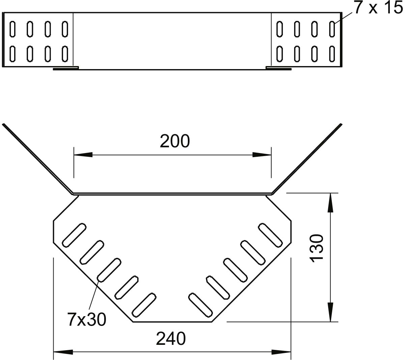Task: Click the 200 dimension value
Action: click(x=175, y=141)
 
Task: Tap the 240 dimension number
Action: click(x=171, y=339)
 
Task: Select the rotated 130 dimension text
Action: click(x=316, y=248)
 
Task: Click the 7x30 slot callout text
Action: click(x=87, y=320)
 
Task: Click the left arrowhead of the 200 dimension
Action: click(x=83, y=155)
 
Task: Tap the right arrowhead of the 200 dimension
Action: click(x=262, y=155)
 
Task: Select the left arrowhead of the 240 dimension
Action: click(x=63, y=352)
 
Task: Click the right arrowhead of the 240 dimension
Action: click(x=281, y=352)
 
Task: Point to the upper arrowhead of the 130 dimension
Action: click(x=330, y=203)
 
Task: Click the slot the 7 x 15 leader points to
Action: click(x=332, y=29)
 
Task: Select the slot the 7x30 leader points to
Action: click(x=109, y=270)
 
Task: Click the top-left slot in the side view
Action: click(x=12, y=29)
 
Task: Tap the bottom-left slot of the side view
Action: click(x=12, y=54)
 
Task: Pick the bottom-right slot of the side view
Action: click(x=332, y=54)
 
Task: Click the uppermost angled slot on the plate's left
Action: click(x=74, y=235)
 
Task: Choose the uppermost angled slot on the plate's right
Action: click(x=270, y=235)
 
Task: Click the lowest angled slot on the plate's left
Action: click(x=144, y=305)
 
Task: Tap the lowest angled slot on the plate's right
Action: click(x=201, y=305)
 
